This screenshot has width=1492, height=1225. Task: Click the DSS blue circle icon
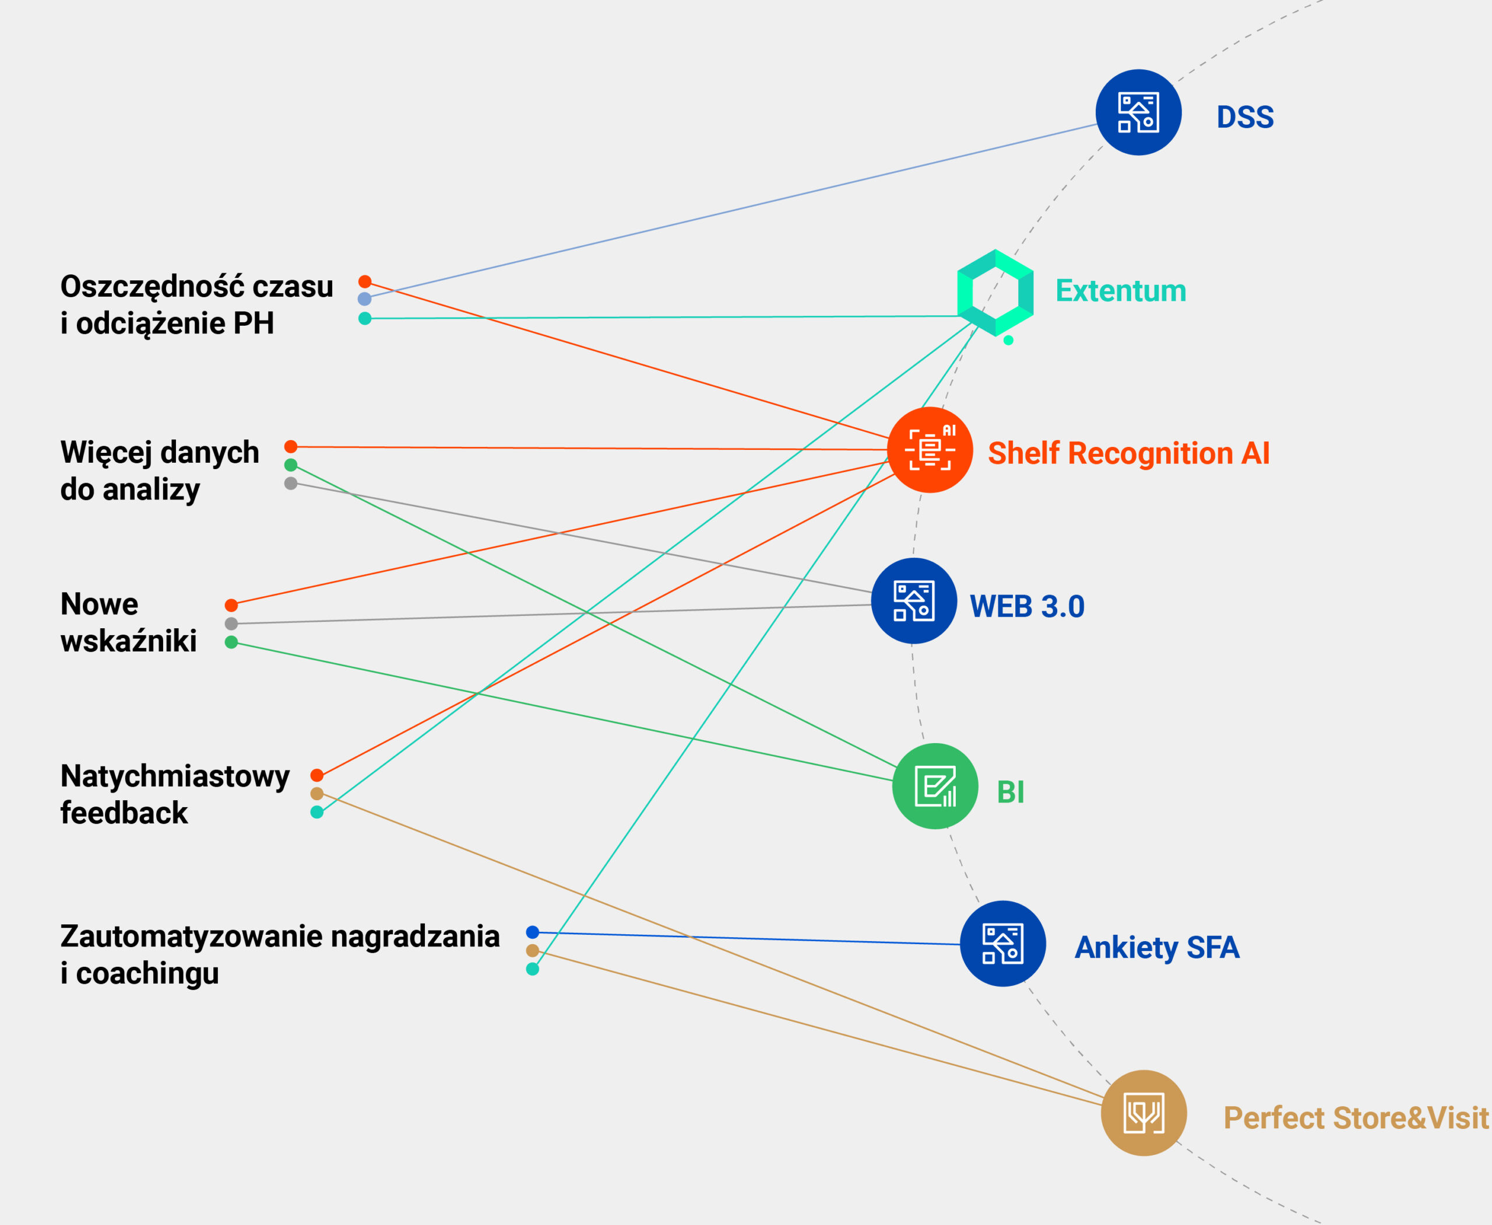tap(1138, 112)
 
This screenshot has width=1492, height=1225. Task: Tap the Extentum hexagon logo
tap(995, 292)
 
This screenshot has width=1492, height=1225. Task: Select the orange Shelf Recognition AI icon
tap(930, 449)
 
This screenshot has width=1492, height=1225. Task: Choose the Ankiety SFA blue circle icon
tap(1002, 944)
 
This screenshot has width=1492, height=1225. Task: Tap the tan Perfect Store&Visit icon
tap(1143, 1113)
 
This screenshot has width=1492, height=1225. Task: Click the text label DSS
tap(1245, 117)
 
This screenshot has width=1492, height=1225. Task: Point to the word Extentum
tap(1120, 291)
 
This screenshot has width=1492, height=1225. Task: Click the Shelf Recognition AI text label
tap(1128, 453)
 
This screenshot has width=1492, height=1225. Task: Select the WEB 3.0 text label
tap(1026, 606)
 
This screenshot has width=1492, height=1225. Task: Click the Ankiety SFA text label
tap(1156, 947)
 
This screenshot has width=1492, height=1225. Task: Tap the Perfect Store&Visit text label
tap(1355, 1118)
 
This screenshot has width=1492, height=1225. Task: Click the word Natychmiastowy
tap(175, 776)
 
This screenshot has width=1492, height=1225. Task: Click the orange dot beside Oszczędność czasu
tap(365, 282)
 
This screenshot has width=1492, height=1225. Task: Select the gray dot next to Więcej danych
tap(291, 483)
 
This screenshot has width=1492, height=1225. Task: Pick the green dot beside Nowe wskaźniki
tap(231, 642)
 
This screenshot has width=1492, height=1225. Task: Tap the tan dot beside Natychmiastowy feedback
tap(317, 794)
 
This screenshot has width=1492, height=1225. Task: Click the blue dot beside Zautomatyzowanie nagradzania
tap(533, 932)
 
